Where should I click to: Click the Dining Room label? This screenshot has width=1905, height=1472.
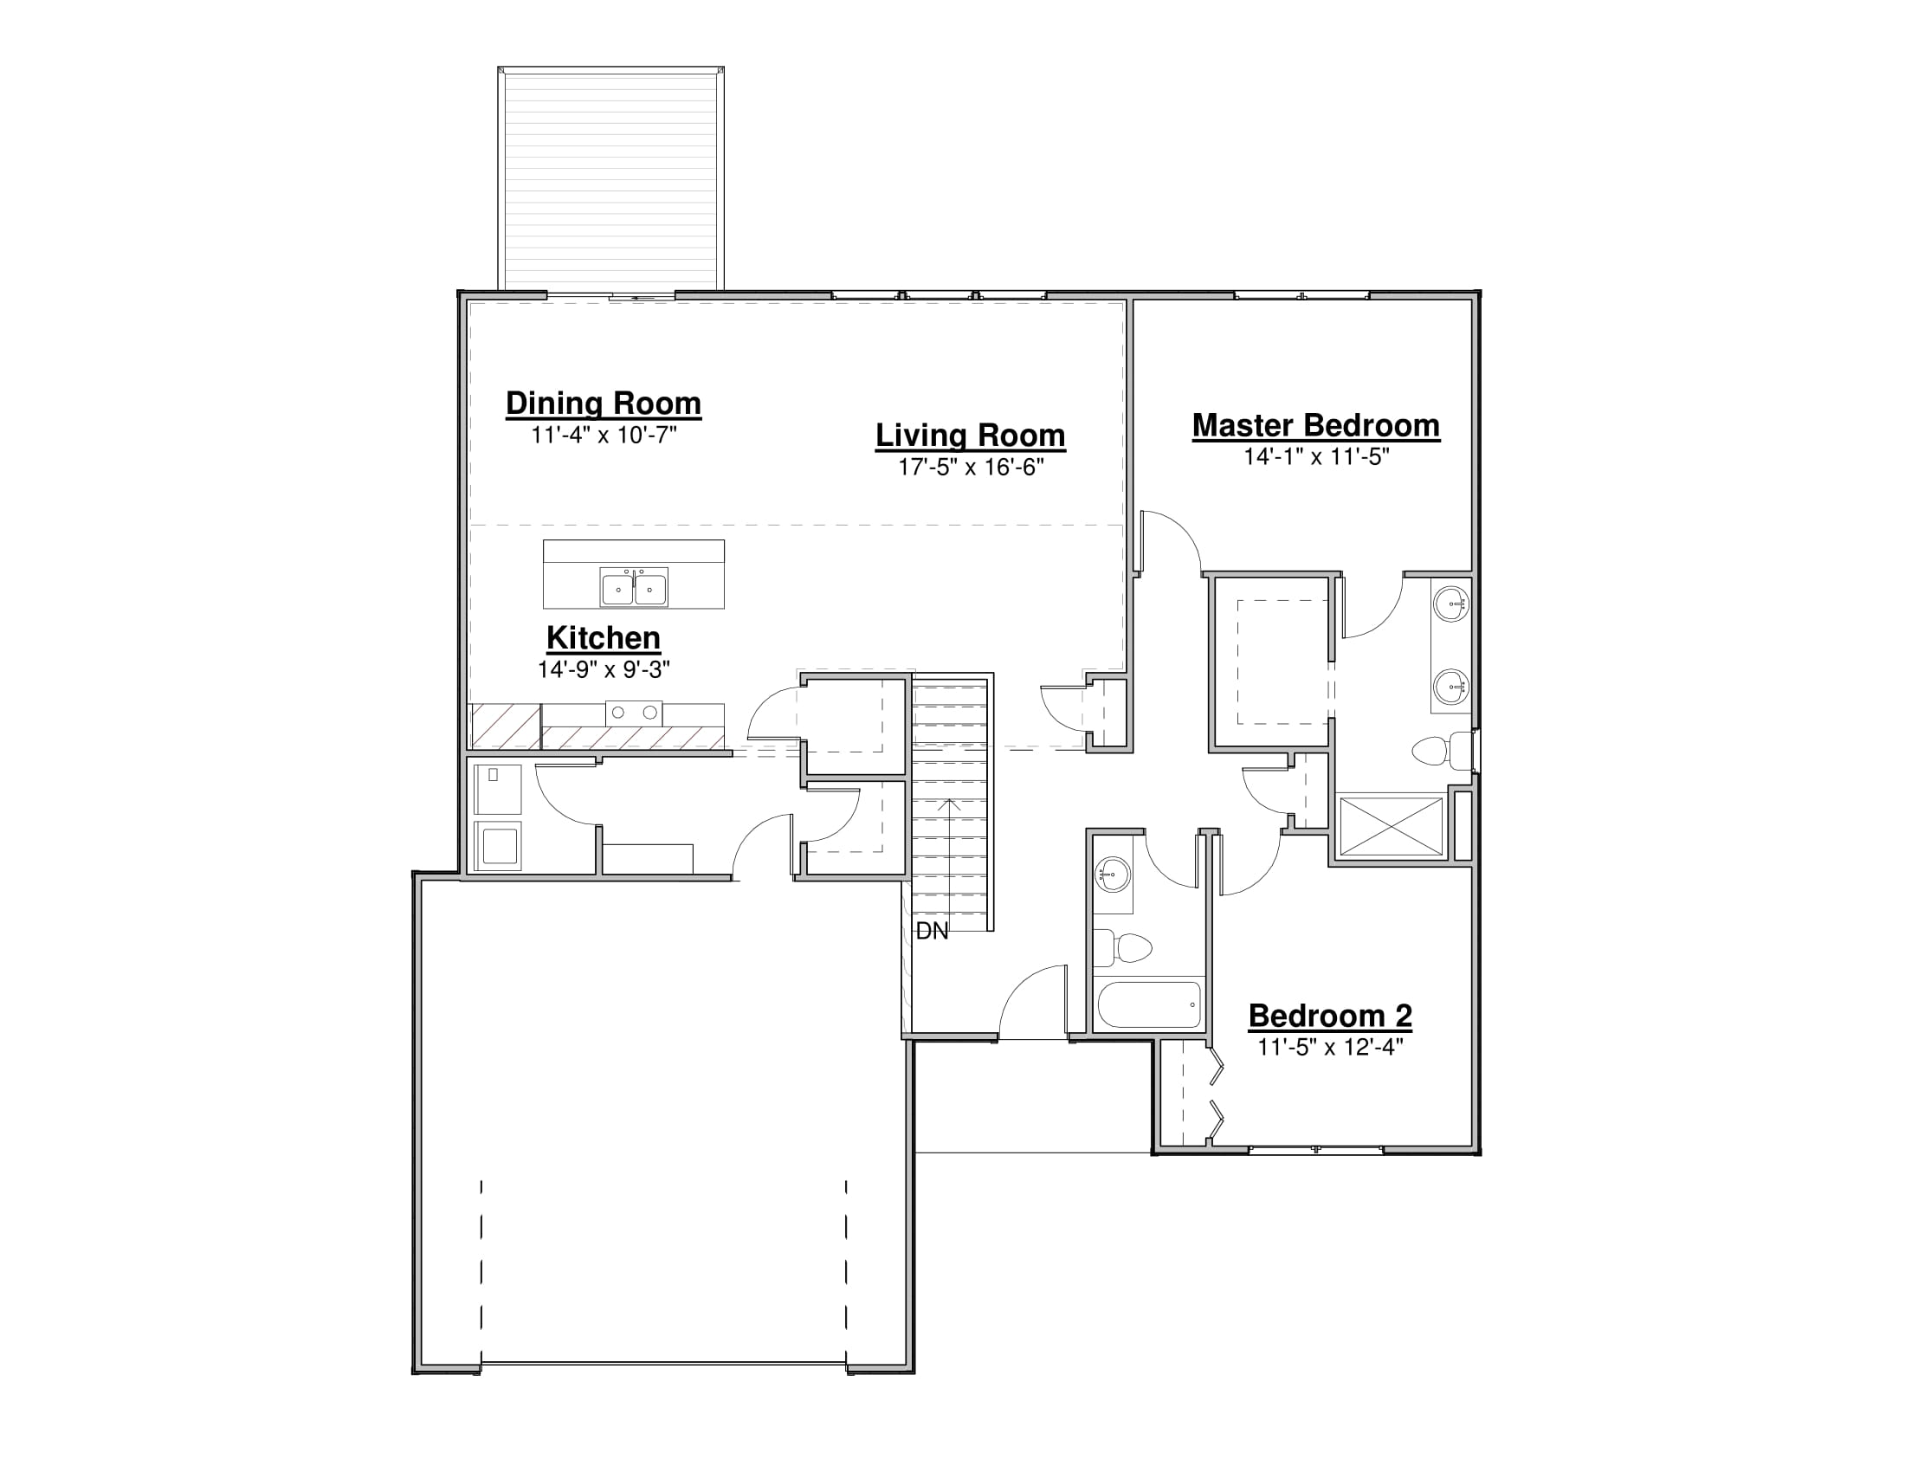(x=604, y=404)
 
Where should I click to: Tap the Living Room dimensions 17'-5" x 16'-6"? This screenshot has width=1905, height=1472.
(x=971, y=468)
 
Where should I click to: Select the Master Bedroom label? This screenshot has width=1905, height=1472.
(x=1316, y=426)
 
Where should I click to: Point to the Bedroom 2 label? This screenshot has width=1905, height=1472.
(x=1330, y=1016)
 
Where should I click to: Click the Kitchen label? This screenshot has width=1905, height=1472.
(x=604, y=638)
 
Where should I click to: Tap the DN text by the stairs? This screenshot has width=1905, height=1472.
(x=932, y=932)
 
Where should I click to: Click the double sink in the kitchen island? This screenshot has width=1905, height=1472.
(x=634, y=587)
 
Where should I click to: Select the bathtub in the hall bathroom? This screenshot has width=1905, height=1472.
(x=1149, y=1004)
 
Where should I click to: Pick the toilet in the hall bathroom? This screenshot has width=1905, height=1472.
(x=1122, y=948)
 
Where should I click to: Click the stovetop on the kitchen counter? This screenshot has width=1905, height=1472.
(x=634, y=713)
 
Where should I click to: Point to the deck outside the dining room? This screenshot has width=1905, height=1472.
(x=610, y=178)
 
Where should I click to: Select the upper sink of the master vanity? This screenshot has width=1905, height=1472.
(x=1452, y=604)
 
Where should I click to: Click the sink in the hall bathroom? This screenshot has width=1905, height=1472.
(x=1113, y=874)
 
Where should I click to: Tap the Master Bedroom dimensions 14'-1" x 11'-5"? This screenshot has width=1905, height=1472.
(x=1316, y=457)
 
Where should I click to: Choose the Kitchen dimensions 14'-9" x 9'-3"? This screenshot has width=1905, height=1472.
(x=604, y=669)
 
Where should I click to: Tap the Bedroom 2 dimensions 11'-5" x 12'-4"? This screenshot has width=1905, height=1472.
(x=1330, y=1047)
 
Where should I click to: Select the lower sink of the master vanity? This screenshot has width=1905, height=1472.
(x=1452, y=687)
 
